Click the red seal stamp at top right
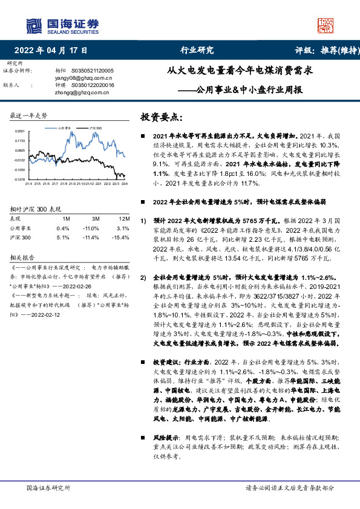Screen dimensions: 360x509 326,25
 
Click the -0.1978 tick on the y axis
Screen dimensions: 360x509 20,179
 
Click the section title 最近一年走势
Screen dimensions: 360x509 28,115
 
